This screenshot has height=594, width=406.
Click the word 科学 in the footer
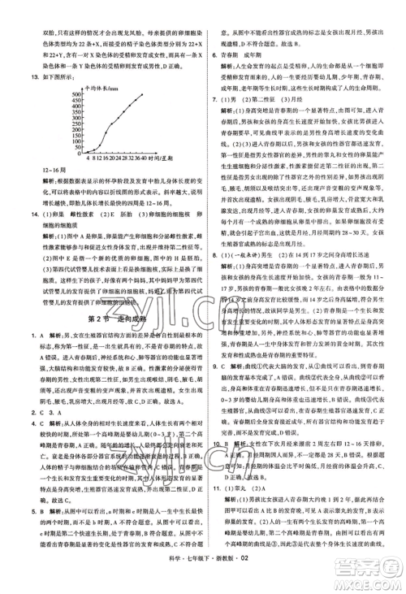click(x=175, y=582)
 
